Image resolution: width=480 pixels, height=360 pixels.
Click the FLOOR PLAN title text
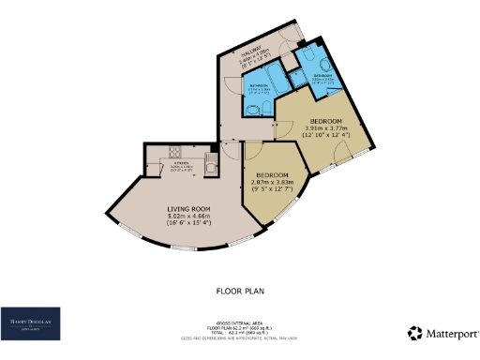point(240,291)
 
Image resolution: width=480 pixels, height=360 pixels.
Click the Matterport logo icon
point(413,333)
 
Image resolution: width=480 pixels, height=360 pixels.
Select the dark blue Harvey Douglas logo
point(31,322)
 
